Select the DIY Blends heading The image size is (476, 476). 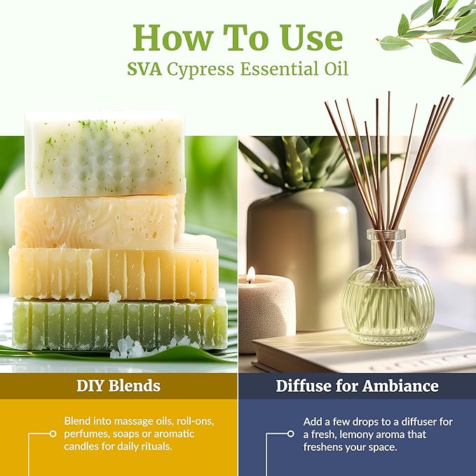coord(118,385)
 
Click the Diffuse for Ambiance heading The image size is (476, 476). coord(357,386)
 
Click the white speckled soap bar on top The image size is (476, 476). coord(105,154)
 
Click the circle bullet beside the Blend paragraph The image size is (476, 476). coord(53,434)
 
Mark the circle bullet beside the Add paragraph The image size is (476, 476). coord(291,434)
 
